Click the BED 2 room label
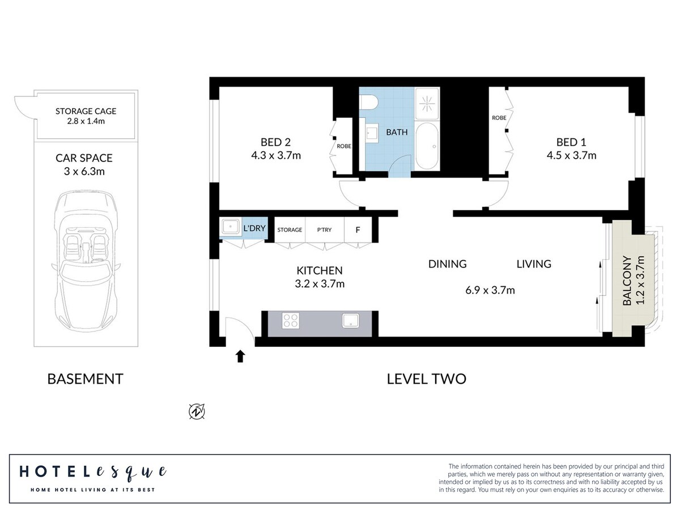click(275, 142)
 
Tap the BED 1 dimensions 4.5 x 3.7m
click(571, 155)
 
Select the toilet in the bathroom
click(369, 102)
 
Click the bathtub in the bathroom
click(427, 146)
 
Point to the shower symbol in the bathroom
click(427, 104)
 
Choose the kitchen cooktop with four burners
click(291, 321)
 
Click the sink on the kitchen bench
click(351, 321)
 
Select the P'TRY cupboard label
click(324, 229)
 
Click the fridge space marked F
click(358, 229)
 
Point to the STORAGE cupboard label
click(290, 229)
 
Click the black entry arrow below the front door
click(240, 356)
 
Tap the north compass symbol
click(197, 411)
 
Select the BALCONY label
click(627, 280)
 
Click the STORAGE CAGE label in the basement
click(86, 111)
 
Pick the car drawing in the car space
click(86, 262)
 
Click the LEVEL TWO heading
click(426, 379)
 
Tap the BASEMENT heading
click(85, 379)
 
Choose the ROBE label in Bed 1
click(499, 118)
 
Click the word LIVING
click(534, 264)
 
